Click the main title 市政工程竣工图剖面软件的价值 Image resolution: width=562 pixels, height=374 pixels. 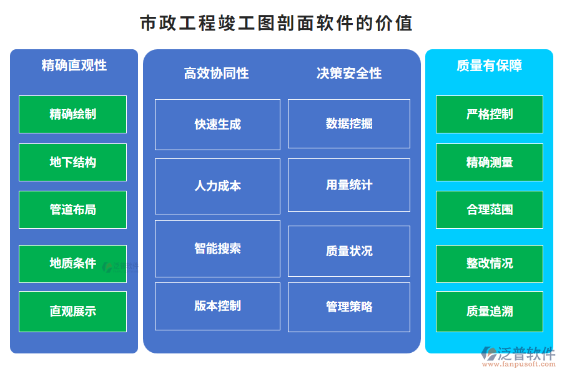click(276, 24)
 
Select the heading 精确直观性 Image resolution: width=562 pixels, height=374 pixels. click(74, 65)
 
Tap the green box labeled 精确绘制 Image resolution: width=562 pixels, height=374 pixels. click(72, 114)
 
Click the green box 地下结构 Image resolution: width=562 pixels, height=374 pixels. click(72, 162)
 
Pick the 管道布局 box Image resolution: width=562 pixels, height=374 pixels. click(72, 209)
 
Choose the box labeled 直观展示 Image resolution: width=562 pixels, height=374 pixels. click(72, 311)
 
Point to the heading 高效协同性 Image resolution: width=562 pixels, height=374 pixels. click(216, 74)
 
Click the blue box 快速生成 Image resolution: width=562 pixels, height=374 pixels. click(217, 124)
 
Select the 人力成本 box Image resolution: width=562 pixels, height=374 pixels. click(217, 186)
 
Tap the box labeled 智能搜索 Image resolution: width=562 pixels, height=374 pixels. click(217, 248)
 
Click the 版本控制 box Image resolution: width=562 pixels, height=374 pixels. click(217, 306)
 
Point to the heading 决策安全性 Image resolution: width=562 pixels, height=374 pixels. click(348, 74)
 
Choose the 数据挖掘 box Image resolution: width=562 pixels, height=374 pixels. click(348, 123)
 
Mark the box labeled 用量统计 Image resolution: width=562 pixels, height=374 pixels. click(348, 185)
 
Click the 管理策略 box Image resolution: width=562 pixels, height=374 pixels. click(348, 307)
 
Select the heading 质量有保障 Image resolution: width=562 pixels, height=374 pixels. click(489, 65)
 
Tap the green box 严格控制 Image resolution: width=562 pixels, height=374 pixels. click(489, 114)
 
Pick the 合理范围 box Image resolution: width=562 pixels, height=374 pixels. click(489, 209)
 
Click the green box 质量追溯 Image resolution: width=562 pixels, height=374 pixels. click(489, 311)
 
